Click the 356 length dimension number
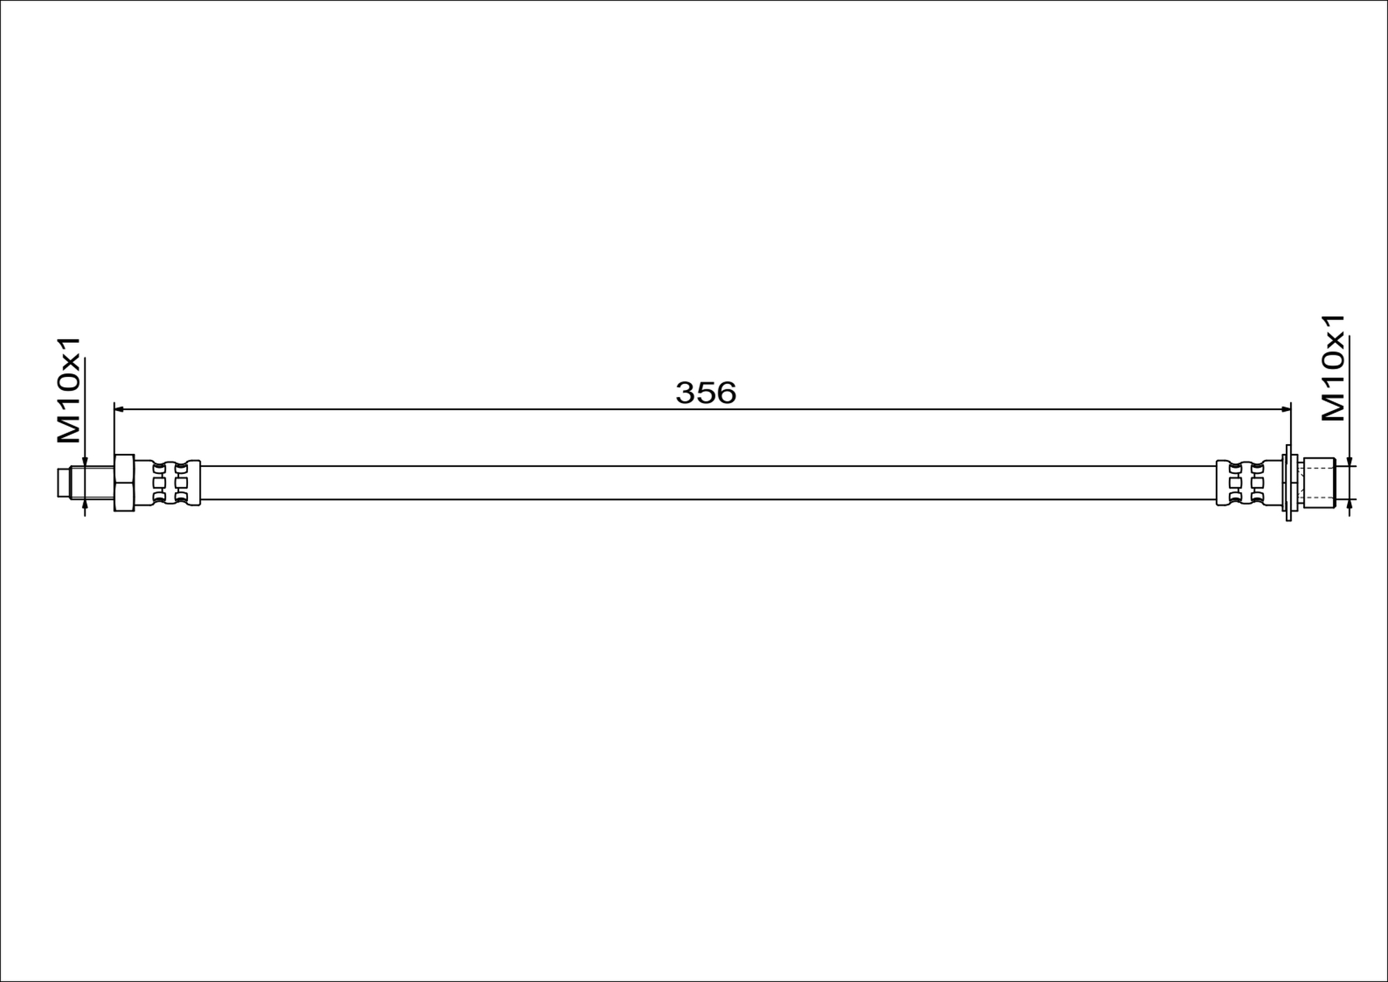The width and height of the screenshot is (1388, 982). [705, 393]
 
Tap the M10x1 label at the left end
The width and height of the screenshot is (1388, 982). [69, 390]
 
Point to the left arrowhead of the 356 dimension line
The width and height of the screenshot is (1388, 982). [119, 409]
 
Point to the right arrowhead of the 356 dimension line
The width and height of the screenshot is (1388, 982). [1286, 409]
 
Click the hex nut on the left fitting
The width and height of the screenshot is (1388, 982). [124, 483]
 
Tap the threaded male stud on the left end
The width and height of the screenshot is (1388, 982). [92, 483]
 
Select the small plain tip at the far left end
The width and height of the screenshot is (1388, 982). [64, 483]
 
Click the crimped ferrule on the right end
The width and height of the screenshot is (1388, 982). [1249, 483]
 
